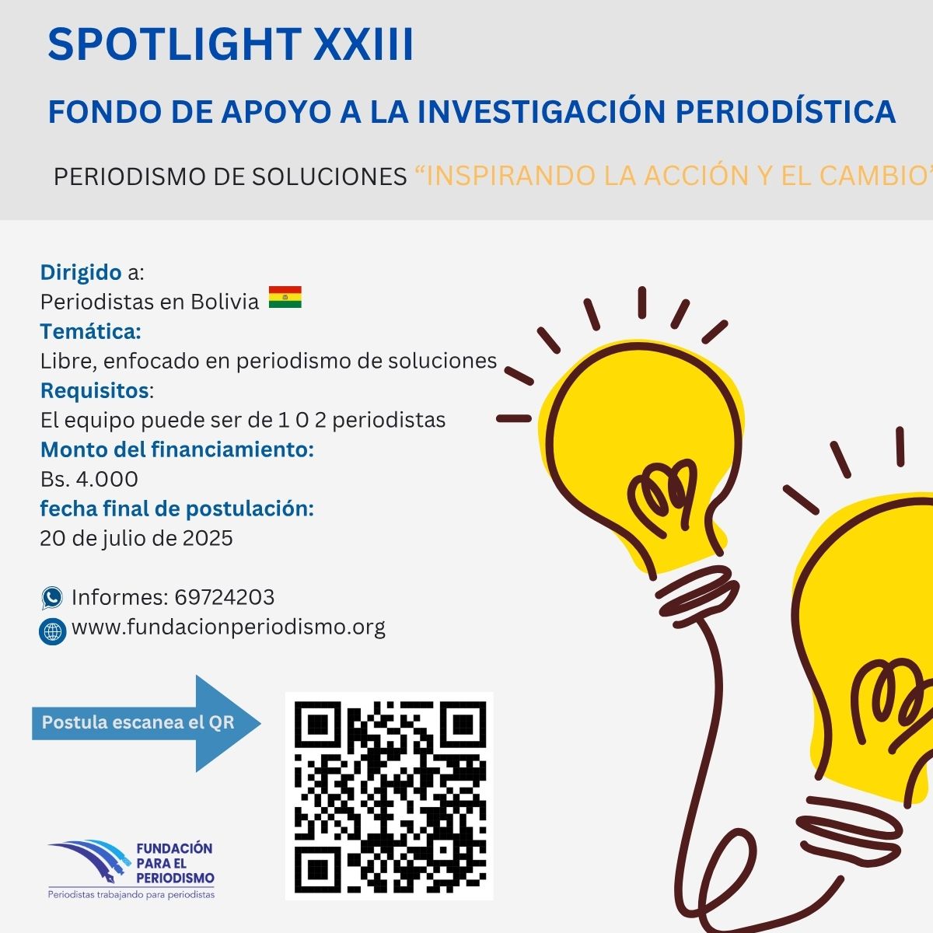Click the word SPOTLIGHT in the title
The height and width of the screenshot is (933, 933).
175,44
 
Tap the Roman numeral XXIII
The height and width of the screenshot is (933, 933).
363,44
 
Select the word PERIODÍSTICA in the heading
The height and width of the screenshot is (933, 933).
784,111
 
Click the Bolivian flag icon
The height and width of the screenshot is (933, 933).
285,297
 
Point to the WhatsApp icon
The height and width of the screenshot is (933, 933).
52,597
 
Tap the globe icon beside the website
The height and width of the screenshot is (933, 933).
52,631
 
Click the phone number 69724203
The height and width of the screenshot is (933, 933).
225,597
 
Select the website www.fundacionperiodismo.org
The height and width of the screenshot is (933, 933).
229,627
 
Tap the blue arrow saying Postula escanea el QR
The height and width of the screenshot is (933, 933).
146,723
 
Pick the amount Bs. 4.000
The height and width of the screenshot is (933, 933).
89,480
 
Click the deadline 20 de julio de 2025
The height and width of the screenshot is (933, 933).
137,538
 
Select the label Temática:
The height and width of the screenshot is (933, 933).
90,332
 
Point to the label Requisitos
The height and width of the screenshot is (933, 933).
95,391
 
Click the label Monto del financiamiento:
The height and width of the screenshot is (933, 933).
177,450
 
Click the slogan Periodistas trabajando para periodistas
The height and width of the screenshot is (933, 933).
131,895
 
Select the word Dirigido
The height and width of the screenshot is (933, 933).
81,273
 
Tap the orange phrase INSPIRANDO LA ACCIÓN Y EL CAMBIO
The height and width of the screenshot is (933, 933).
674,176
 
